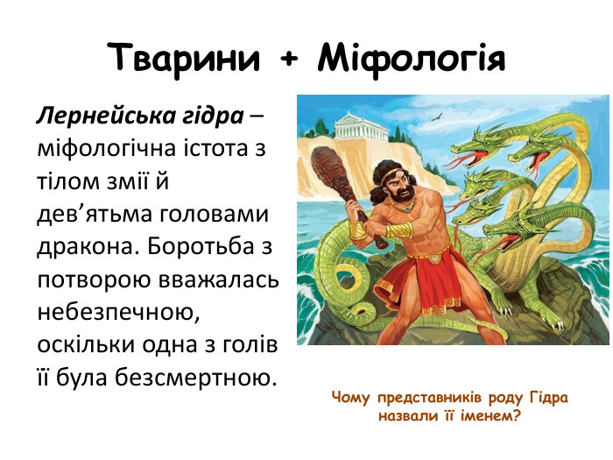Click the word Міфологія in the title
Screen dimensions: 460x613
(412, 57)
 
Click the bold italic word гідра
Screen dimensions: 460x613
(208, 116)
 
